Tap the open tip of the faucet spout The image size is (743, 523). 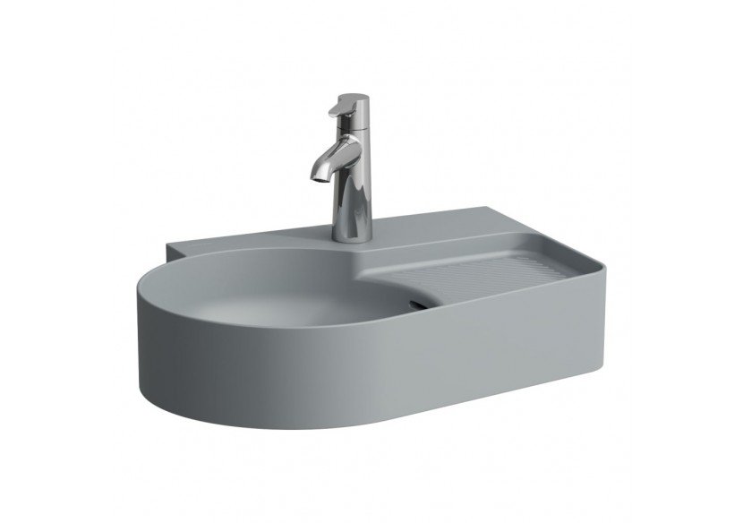click(316, 176)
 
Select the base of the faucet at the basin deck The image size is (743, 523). click(352, 236)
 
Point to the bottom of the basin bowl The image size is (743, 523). click(295, 309)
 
